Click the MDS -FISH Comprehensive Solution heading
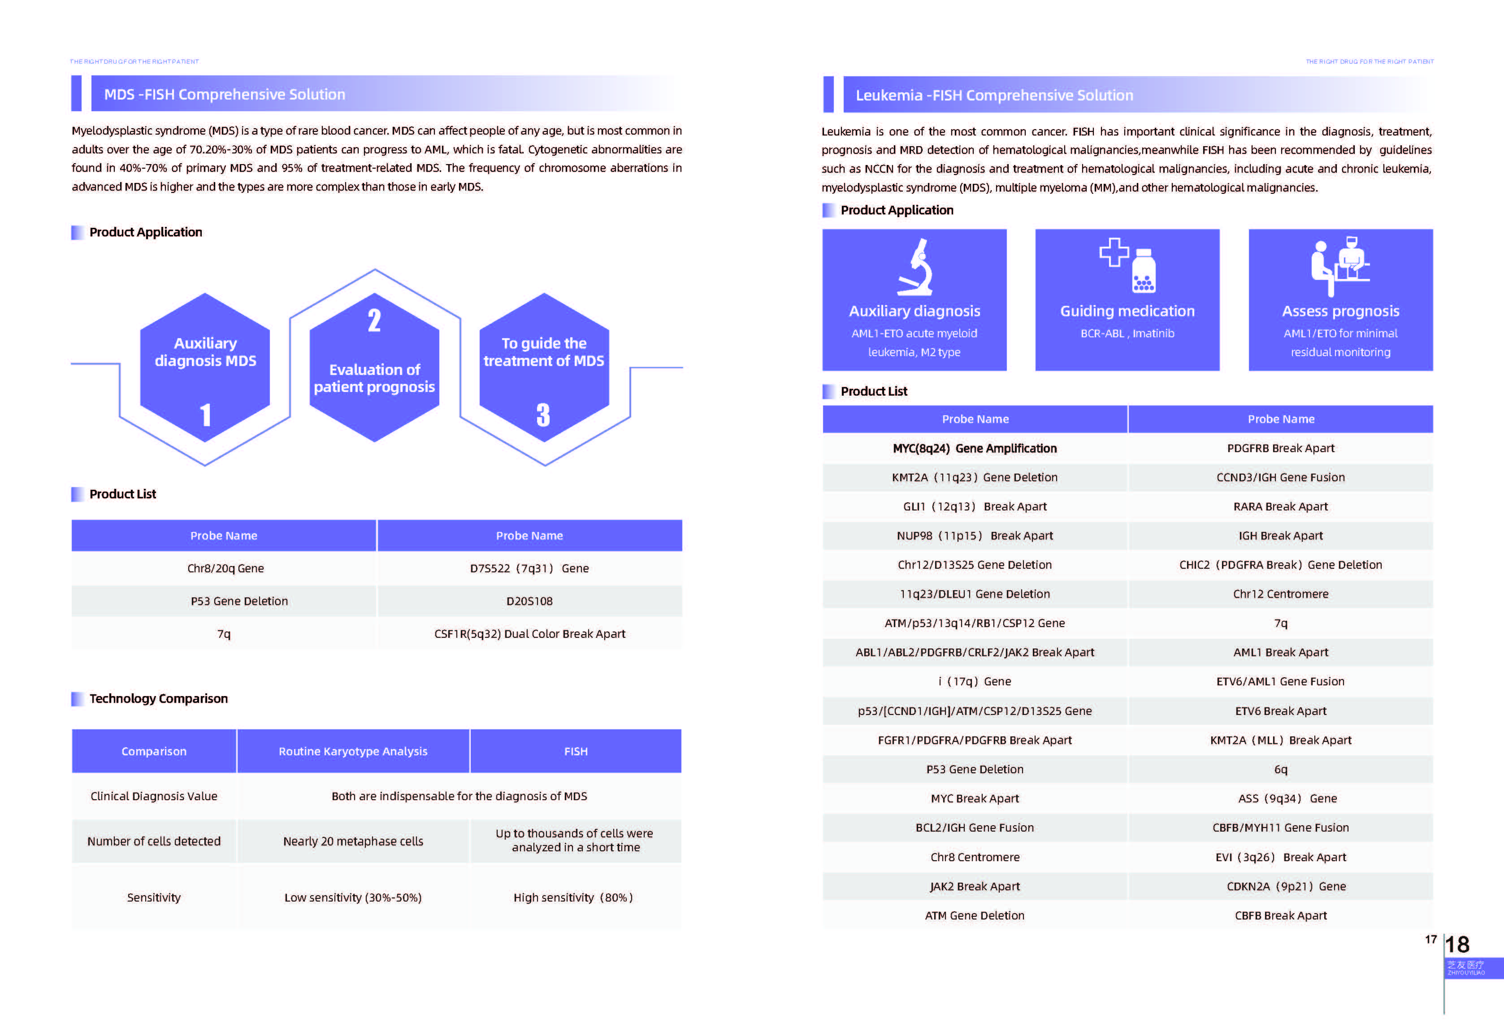click(225, 95)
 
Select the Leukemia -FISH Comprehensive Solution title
click(994, 95)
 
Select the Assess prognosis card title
click(1340, 311)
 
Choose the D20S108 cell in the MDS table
click(529, 601)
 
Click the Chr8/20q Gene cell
click(225, 568)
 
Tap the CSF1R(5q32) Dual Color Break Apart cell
click(529, 634)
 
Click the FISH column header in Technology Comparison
click(575, 751)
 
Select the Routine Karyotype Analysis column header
click(353, 751)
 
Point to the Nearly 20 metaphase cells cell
click(353, 841)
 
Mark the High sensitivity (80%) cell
click(573, 897)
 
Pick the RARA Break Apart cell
click(1280, 506)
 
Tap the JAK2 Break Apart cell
click(975, 886)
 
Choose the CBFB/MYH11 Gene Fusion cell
click(1280, 828)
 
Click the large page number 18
click(1457, 945)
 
